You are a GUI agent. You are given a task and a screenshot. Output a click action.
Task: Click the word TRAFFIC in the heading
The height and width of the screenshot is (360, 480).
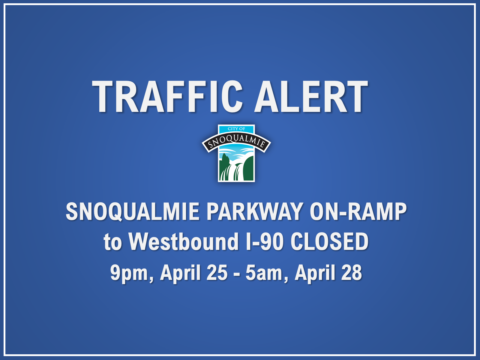coord(167,96)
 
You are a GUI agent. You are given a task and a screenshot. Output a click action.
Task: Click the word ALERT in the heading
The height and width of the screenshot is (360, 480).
coord(311,96)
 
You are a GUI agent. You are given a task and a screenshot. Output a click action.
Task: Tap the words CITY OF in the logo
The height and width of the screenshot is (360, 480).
coord(236,129)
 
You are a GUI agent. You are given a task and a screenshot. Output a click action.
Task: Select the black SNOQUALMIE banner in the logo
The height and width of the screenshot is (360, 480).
coord(236,142)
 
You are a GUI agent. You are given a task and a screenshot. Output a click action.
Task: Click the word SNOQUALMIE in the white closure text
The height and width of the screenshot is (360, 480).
coord(133,211)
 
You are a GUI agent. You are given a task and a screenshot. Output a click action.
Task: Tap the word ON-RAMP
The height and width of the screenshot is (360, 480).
coord(358,211)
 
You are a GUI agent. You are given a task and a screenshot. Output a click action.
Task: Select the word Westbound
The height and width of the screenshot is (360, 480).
coord(184,241)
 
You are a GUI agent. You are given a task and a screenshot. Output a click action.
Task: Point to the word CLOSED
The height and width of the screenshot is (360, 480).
coord(329,241)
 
